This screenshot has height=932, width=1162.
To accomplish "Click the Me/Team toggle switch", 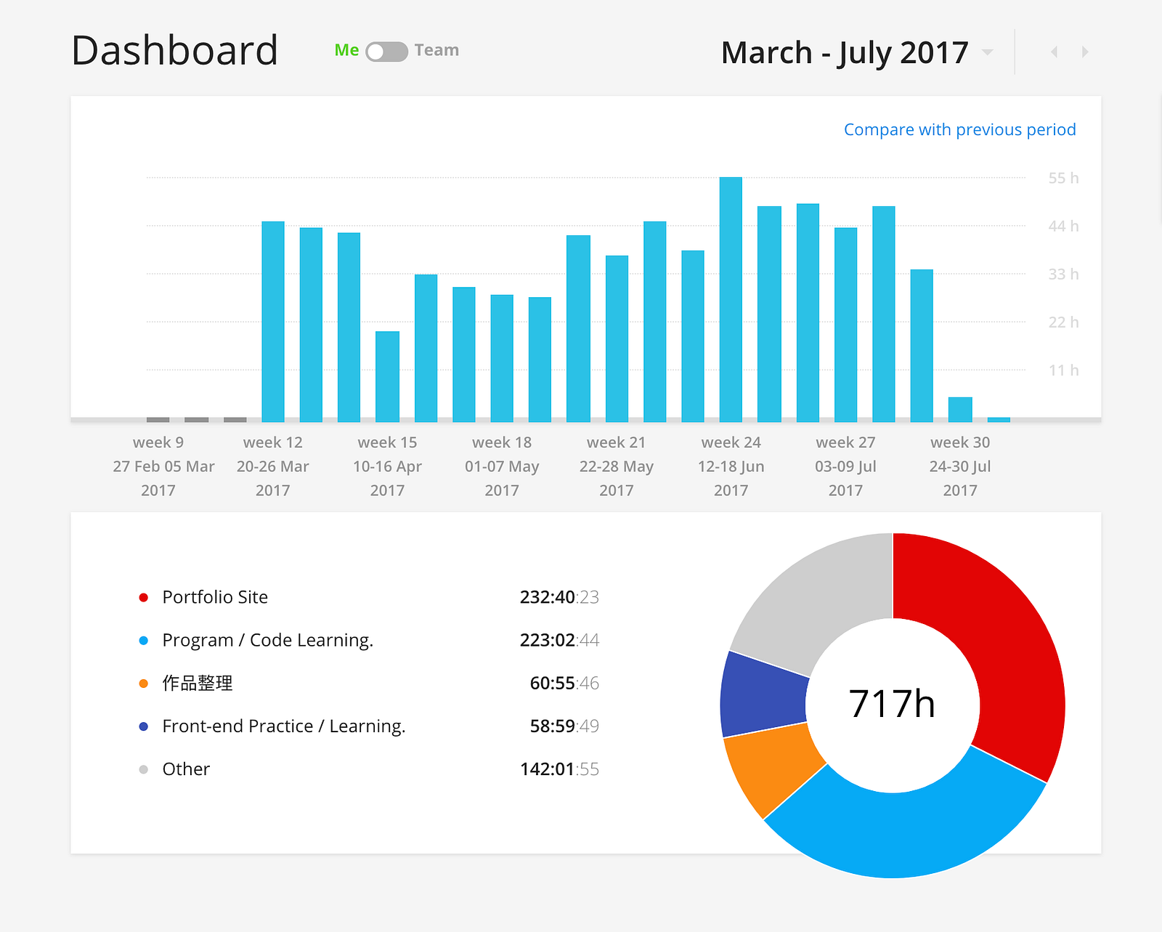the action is coord(386,52).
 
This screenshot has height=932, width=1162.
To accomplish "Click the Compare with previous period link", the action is coord(959,130).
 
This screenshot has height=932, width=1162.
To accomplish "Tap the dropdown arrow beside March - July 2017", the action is coord(988,52).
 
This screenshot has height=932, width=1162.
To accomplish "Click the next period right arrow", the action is coord(1085,52).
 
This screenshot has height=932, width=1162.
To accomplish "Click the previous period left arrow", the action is coord(1054,52).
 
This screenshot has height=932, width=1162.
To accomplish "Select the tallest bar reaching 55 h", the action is coord(731,299).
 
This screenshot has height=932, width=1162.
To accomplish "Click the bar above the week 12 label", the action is coord(272,322).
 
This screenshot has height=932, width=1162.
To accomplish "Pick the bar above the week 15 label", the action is coord(387,376).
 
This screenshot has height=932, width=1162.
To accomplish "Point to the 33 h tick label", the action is coord(1063,274).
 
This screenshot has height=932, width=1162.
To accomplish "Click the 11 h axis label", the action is coord(1063,370).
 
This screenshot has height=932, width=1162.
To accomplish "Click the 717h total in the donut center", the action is coord(892,703).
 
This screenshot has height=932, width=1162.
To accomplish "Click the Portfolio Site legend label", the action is coord(215,597).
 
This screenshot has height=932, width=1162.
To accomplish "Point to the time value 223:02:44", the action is coord(559,640).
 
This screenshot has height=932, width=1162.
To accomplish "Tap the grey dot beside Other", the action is coord(143,769).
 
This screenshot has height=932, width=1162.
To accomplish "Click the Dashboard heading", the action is coord(174,50).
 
